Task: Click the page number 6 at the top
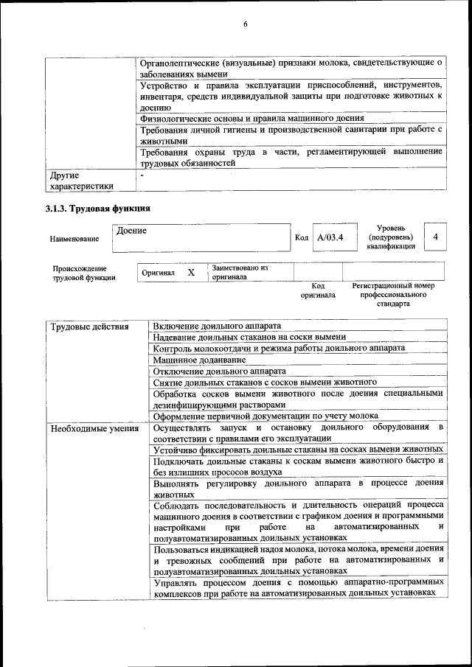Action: [x=245, y=25]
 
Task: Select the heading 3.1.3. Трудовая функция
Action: [x=99, y=209]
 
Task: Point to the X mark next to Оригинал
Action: [x=190, y=272]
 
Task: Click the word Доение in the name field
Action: [x=132, y=231]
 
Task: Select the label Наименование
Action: [x=74, y=239]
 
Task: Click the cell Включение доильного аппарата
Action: [x=216, y=326]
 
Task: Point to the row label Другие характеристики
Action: [x=82, y=181]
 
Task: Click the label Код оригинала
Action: [x=318, y=290]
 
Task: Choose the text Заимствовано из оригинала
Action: [x=240, y=273]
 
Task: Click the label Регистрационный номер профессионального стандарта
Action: [x=393, y=293]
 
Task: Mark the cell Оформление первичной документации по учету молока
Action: [x=265, y=416]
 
